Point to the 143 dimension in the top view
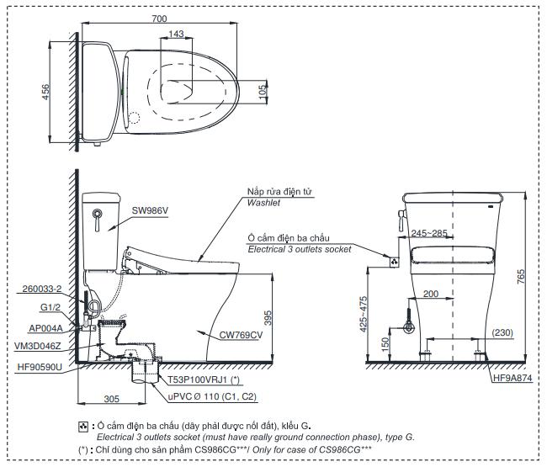(176, 34)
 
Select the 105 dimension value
(263, 91)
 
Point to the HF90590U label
(40, 366)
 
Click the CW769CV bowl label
(242, 336)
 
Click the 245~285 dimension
(428, 233)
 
